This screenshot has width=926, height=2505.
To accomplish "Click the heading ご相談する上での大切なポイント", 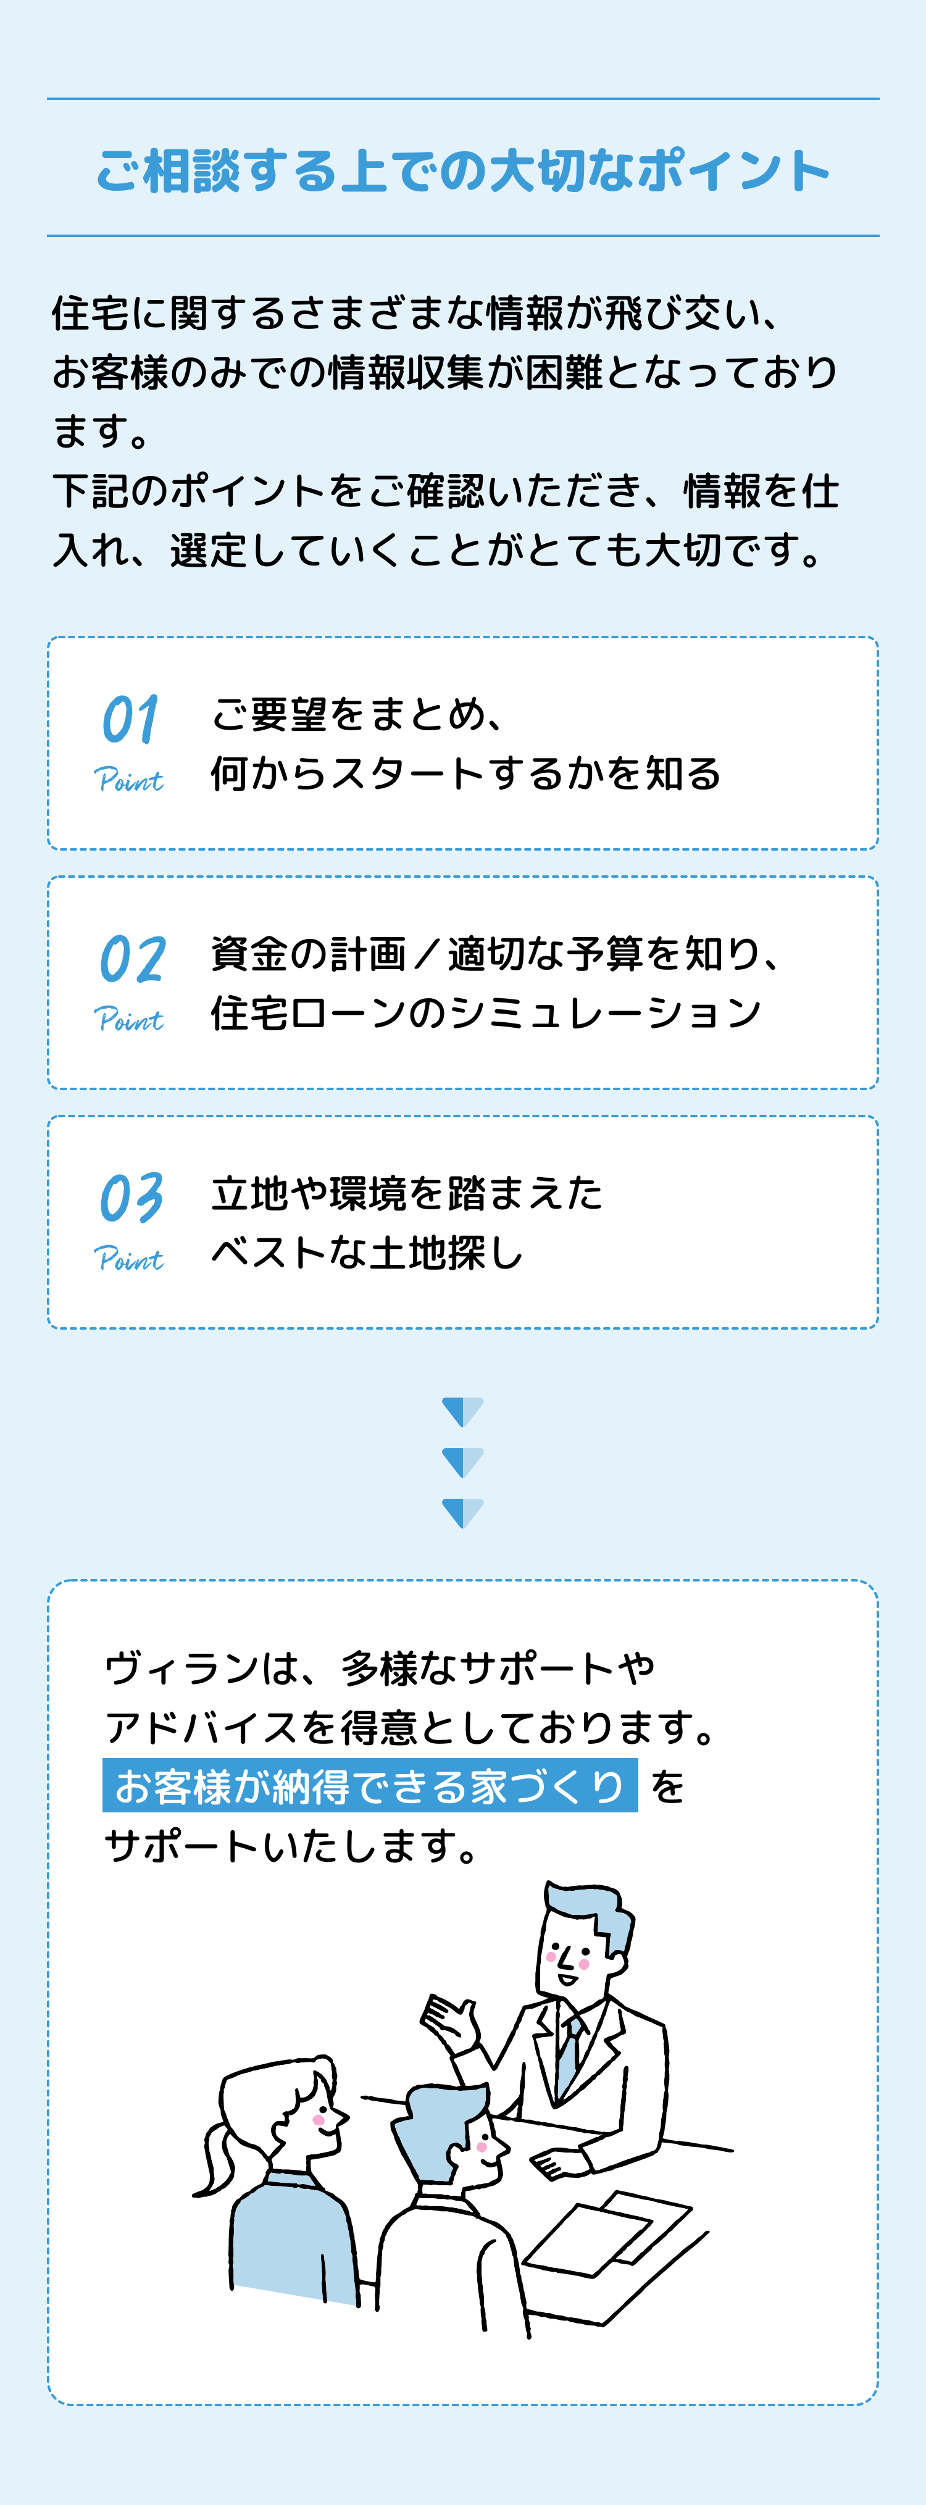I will pos(463,170).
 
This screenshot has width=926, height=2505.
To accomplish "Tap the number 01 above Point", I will pos(130,720).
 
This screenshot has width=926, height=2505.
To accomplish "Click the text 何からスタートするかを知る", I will pos(465,774).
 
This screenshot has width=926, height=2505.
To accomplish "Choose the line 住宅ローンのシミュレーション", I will pos(485,1013).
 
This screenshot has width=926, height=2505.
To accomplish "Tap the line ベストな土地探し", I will pos(368,1252).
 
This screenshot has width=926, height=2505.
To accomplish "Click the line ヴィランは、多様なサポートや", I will pos(379,1669).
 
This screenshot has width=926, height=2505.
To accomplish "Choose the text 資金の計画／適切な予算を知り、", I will pos(496,954).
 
